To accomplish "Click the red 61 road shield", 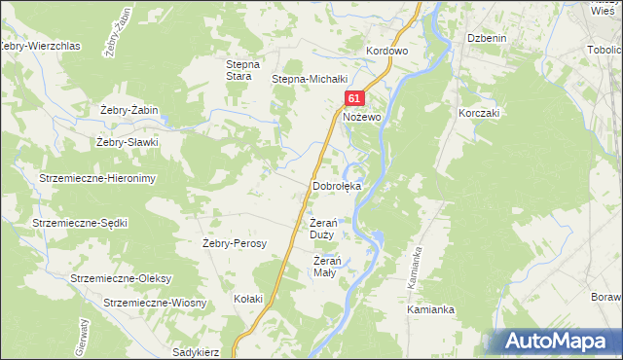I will pyautogui.click(x=354, y=99).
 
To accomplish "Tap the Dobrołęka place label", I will pyautogui.click(x=337, y=185).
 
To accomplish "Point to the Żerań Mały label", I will pyautogui.click(x=326, y=266).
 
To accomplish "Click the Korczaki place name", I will pyautogui.click(x=479, y=113).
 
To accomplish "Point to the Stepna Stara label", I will pyautogui.click(x=239, y=69).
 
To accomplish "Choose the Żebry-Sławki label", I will pyautogui.click(x=127, y=142).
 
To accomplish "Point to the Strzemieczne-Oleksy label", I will pyautogui.click(x=121, y=278).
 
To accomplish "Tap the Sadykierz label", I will pyautogui.click(x=195, y=351).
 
